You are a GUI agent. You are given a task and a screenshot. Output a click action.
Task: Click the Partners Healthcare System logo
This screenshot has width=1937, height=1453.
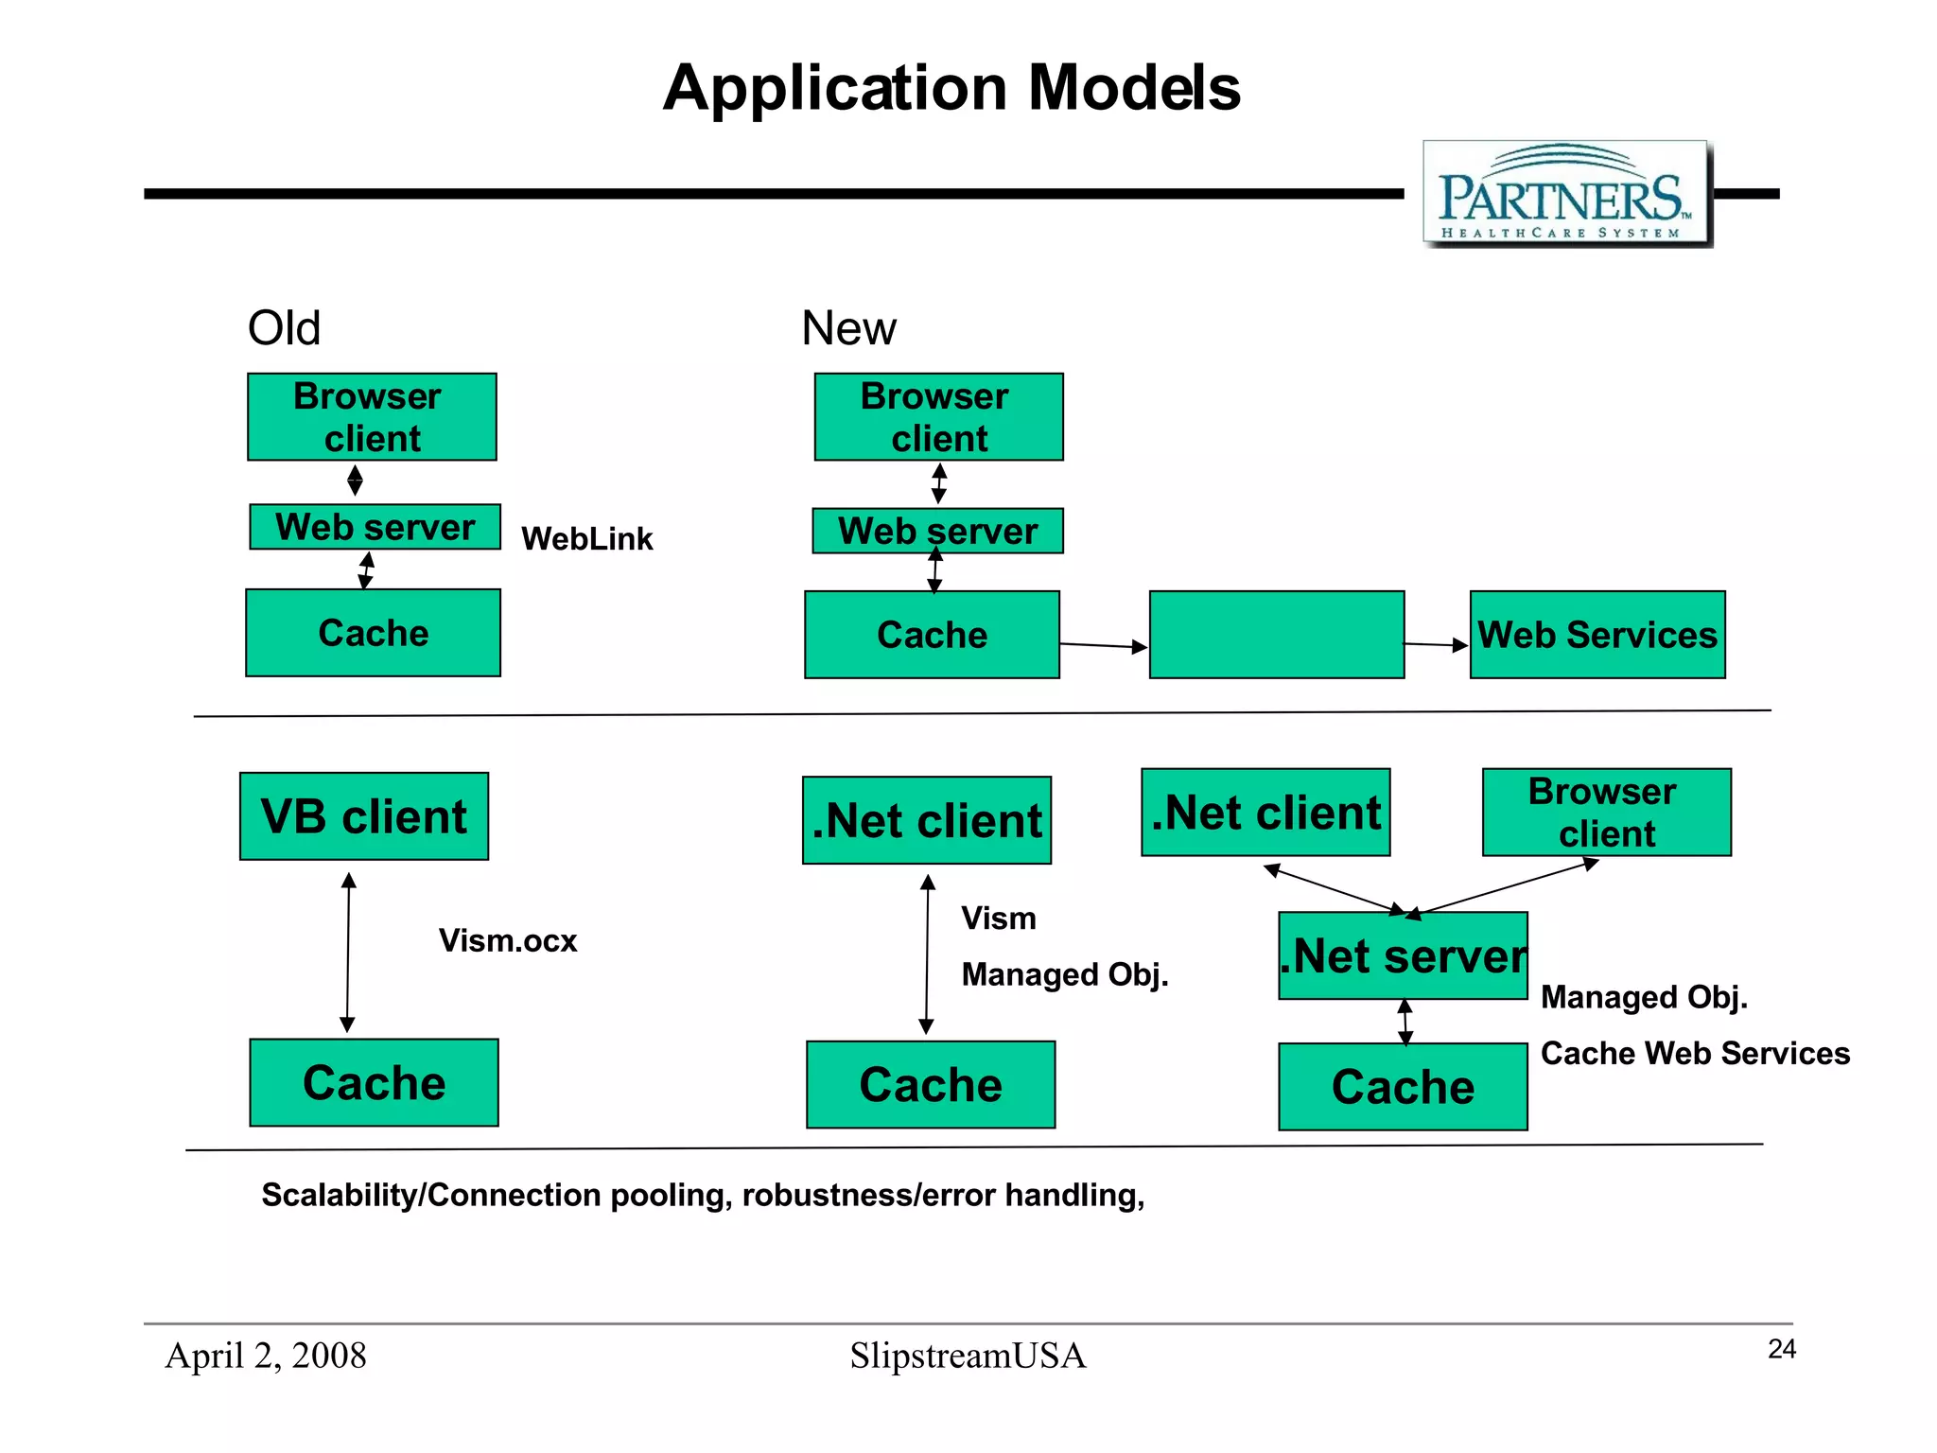pos(1566,194)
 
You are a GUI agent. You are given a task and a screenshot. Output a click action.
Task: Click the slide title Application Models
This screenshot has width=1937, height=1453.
pos(951,88)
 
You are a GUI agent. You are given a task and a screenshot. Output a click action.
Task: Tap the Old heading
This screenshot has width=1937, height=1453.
pos(284,328)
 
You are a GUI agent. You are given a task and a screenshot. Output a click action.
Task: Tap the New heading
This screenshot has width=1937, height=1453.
pos(847,328)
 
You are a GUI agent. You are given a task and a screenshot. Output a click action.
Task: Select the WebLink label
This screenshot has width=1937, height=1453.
pos(586,539)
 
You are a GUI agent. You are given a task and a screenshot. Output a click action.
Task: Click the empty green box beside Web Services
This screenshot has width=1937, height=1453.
pos(1276,635)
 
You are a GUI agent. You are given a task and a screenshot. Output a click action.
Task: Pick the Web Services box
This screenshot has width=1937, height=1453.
pos(1597,635)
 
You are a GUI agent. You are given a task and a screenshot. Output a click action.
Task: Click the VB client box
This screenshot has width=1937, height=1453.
pos(364,816)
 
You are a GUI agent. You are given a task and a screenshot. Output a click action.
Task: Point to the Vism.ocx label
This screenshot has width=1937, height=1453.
pos(508,941)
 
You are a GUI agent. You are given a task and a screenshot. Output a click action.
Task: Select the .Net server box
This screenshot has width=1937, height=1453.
pos(1403,955)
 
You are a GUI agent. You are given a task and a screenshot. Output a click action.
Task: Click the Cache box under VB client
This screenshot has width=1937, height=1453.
pos(374,1083)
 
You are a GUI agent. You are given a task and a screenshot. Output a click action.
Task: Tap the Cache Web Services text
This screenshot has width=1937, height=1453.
pos(1695,1054)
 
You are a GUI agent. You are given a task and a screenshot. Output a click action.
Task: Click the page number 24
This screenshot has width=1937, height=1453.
pos(1781,1349)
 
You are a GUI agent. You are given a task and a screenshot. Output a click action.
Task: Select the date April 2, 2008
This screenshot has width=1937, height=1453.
pos(266,1356)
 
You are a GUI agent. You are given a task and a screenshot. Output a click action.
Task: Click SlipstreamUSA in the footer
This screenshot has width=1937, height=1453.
pos(968,1356)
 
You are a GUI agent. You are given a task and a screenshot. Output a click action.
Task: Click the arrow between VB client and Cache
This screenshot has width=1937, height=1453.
pos(348,952)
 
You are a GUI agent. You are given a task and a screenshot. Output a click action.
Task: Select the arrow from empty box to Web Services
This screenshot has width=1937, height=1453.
pos(1436,645)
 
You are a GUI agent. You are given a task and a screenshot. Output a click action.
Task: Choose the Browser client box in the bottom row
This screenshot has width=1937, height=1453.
pos(1606,813)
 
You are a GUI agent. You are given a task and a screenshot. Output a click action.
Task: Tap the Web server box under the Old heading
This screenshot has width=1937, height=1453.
pos(375,527)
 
